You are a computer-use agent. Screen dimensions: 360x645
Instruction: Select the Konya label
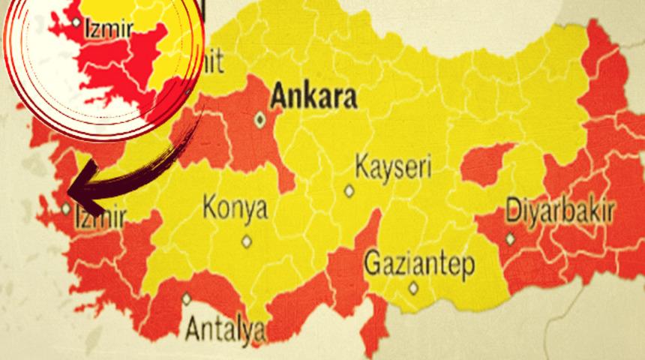pyautogui.click(x=235, y=208)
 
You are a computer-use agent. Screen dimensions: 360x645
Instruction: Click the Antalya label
pyautogui.click(x=224, y=328)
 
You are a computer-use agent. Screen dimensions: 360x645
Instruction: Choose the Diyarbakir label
pyautogui.click(x=560, y=209)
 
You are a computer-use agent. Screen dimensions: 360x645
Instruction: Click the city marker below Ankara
pyautogui.click(x=260, y=118)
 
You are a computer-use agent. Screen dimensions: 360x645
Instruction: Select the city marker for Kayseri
pyautogui.click(x=349, y=190)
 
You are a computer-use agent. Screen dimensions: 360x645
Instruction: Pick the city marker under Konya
pyautogui.click(x=246, y=241)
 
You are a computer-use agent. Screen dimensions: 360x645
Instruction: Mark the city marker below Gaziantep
pyautogui.click(x=412, y=287)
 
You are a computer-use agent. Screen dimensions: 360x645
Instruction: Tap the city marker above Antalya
pyautogui.click(x=186, y=298)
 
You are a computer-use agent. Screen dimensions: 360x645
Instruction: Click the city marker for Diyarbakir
pyautogui.click(x=511, y=238)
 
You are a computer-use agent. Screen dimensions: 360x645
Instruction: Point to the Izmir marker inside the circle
pyautogui.click(x=76, y=22)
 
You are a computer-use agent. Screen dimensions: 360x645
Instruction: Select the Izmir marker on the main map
pyautogui.click(x=67, y=208)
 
